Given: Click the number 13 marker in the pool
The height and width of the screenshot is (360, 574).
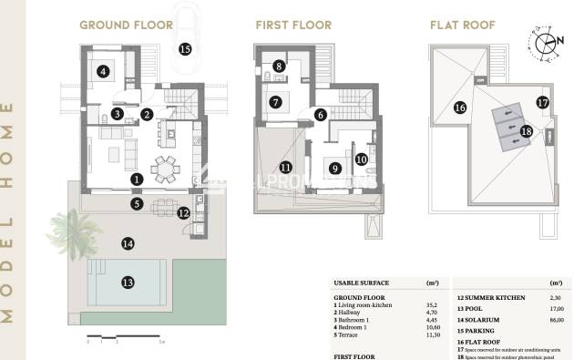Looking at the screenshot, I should click(128, 283).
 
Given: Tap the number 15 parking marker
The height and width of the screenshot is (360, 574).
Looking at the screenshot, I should click(185, 49).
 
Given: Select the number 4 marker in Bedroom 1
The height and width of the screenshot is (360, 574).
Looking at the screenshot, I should click(104, 70).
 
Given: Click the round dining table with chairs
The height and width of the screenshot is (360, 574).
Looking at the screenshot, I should click(165, 168).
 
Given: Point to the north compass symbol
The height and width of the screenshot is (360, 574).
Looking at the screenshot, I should click(544, 43).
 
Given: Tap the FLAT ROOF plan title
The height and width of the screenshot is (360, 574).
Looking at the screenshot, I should click(462, 25).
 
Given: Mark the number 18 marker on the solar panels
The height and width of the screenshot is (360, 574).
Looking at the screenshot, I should click(526, 131).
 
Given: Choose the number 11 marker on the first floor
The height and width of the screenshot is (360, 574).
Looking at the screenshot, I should click(286, 167).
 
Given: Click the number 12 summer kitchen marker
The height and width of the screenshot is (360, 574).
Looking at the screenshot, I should click(183, 213).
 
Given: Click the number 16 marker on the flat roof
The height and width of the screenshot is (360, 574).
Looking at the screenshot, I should click(460, 107).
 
